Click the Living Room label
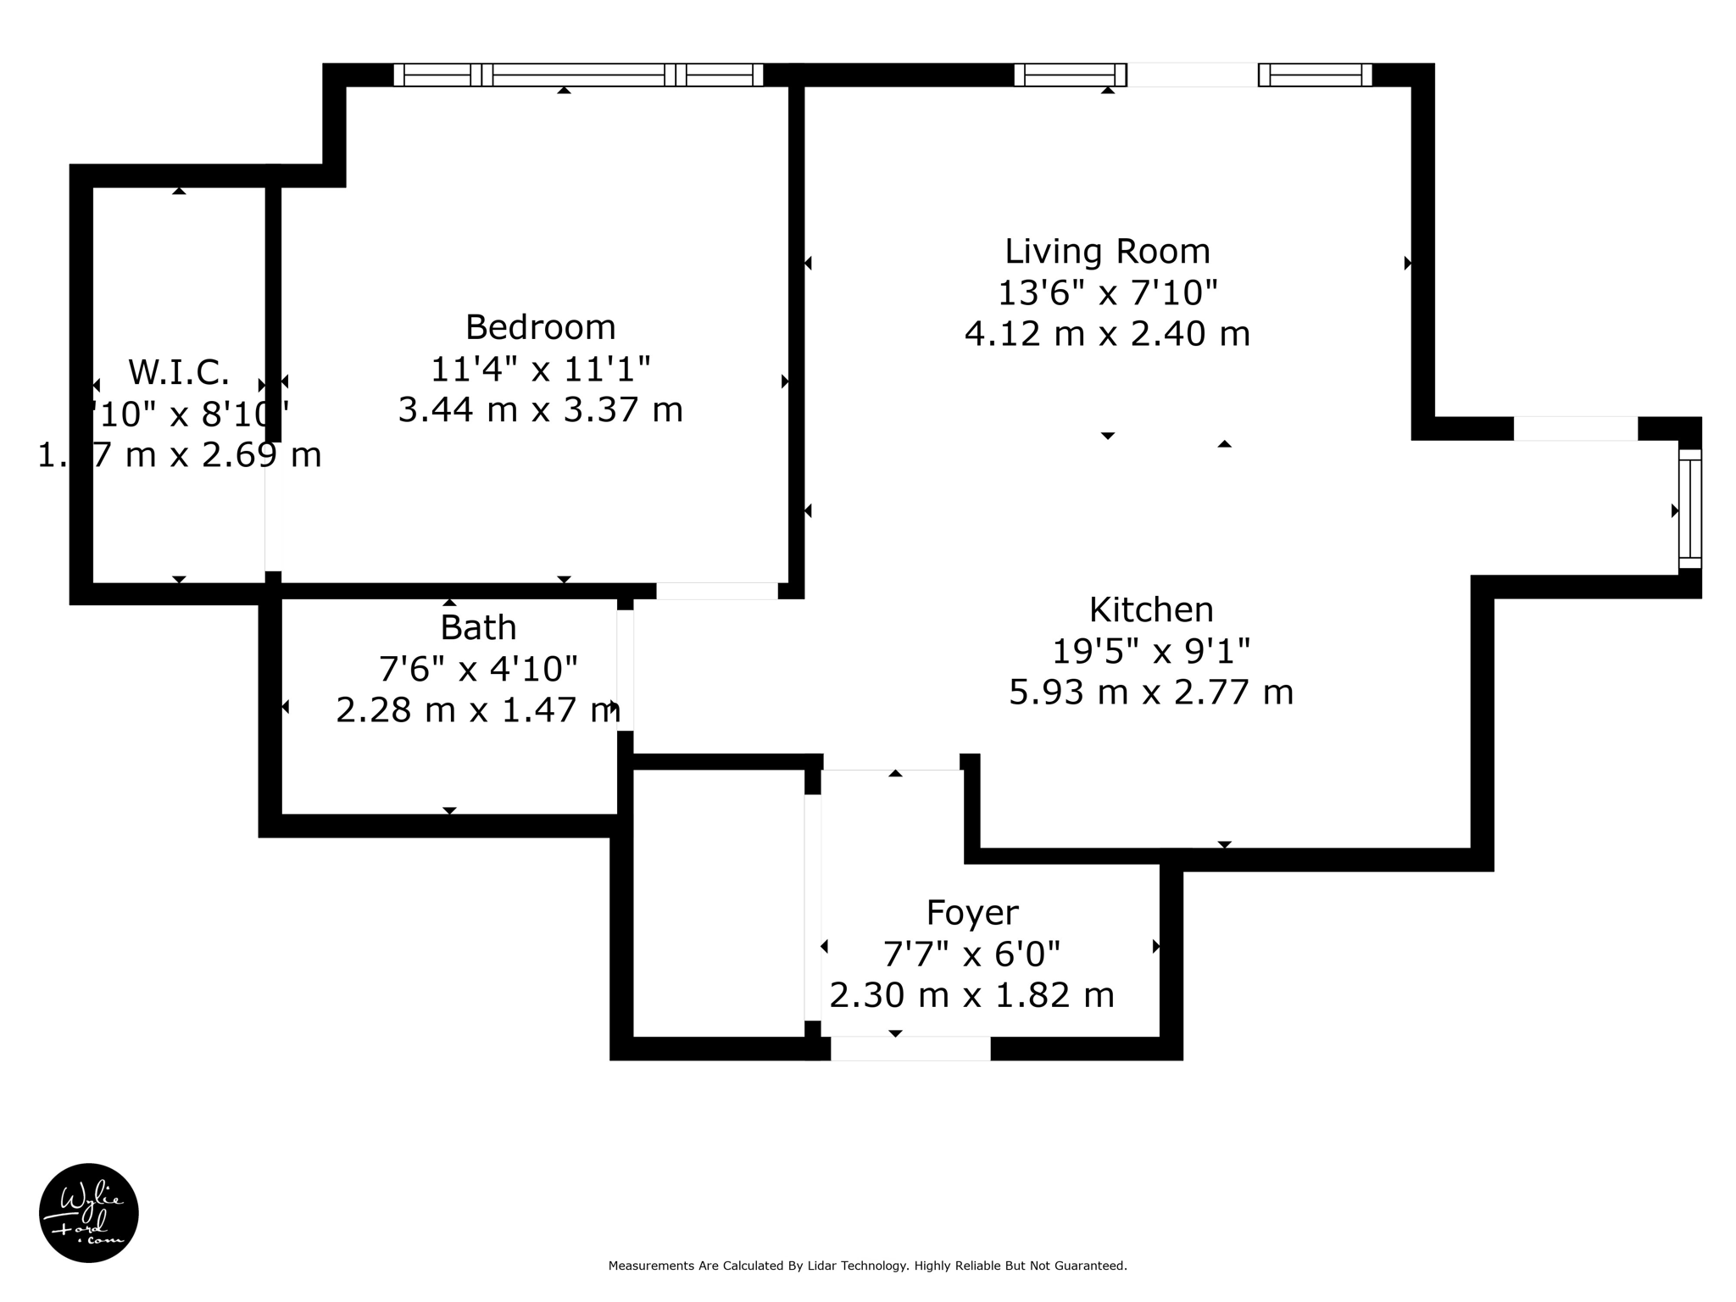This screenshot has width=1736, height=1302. (x=1107, y=252)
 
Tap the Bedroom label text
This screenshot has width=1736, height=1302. (x=540, y=327)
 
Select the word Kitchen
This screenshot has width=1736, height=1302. (x=1150, y=610)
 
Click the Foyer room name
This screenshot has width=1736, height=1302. (x=971, y=913)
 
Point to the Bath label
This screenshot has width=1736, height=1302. (x=478, y=628)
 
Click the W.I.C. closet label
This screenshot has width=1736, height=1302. (x=179, y=373)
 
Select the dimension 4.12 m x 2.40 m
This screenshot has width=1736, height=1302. (x=1107, y=334)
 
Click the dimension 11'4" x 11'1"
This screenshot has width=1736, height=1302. (x=540, y=369)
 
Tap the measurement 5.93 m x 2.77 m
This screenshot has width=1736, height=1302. (x=1150, y=693)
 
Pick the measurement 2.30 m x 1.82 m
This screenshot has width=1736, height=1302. (x=971, y=995)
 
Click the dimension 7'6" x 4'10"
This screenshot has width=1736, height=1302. (x=478, y=670)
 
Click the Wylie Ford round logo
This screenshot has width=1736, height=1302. (x=89, y=1213)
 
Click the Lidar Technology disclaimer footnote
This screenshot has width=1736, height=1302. (x=867, y=1266)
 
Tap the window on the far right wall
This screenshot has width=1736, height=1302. (x=1689, y=509)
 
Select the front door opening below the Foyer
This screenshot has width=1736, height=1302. (x=910, y=1049)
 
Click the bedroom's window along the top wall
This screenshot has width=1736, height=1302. (x=578, y=75)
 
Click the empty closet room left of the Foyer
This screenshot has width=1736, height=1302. (x=718, y=903)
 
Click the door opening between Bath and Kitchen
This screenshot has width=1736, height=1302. (x=625, y=670)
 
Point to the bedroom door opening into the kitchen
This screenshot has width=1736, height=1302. (x=717, y=591)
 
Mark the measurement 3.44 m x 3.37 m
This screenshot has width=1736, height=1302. (x=540, y=410)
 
